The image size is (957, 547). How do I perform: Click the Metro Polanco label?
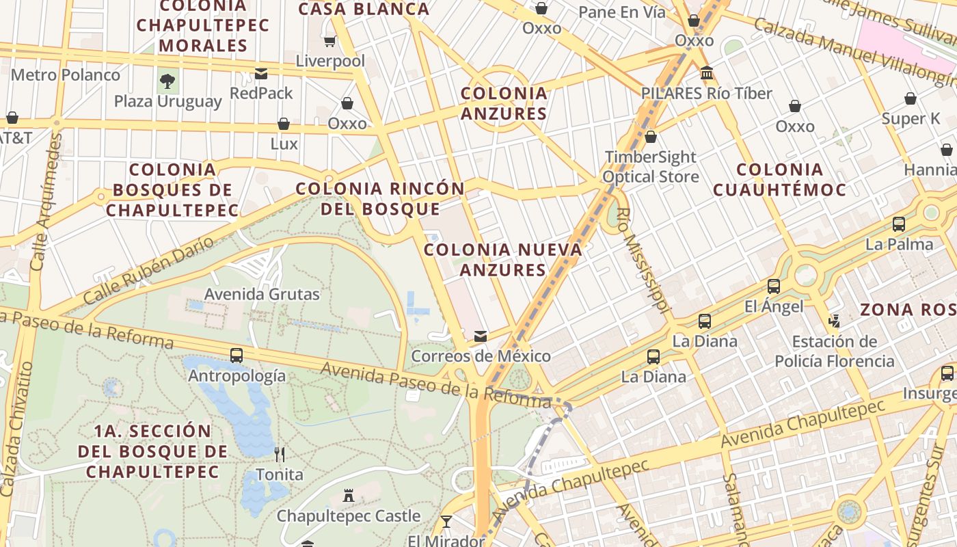click(65, 75)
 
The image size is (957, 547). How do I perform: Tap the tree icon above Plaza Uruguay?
click(167, 82)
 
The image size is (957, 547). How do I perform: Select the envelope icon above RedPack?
click(261, 74)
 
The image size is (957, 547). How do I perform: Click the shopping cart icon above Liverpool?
click(329, 42)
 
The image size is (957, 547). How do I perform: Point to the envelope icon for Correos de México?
click(481, 336)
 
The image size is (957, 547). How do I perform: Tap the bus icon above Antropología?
click(236, 356)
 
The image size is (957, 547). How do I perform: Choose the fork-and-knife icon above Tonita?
click(279, 454)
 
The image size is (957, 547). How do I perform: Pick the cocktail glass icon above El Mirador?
click(446, 522)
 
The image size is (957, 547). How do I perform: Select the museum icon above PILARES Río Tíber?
click(707, 72)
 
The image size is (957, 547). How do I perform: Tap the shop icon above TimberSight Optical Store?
click(651, 137)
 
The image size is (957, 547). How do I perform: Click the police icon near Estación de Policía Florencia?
click(834, 321)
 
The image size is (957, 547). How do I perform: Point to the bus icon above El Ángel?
click(774, 286)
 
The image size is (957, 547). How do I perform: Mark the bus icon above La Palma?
click(899, 224)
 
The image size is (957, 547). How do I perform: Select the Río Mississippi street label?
click(641, 260)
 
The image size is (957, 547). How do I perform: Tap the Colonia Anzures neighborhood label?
click(504, 103)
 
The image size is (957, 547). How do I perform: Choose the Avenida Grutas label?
click(262, 295)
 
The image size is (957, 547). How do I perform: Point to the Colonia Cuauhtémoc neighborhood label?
click(780, 179)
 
